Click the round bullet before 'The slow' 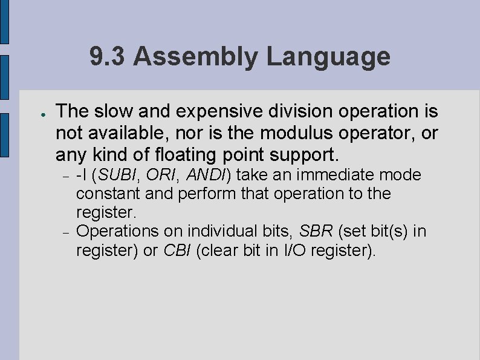click(x=37, y=113)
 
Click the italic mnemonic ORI click(x=160, y=176)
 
